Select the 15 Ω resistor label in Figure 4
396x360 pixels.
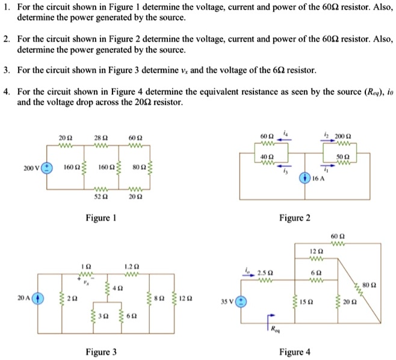(x=306, y=301)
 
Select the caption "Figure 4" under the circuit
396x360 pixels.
(x=295, y=352)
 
